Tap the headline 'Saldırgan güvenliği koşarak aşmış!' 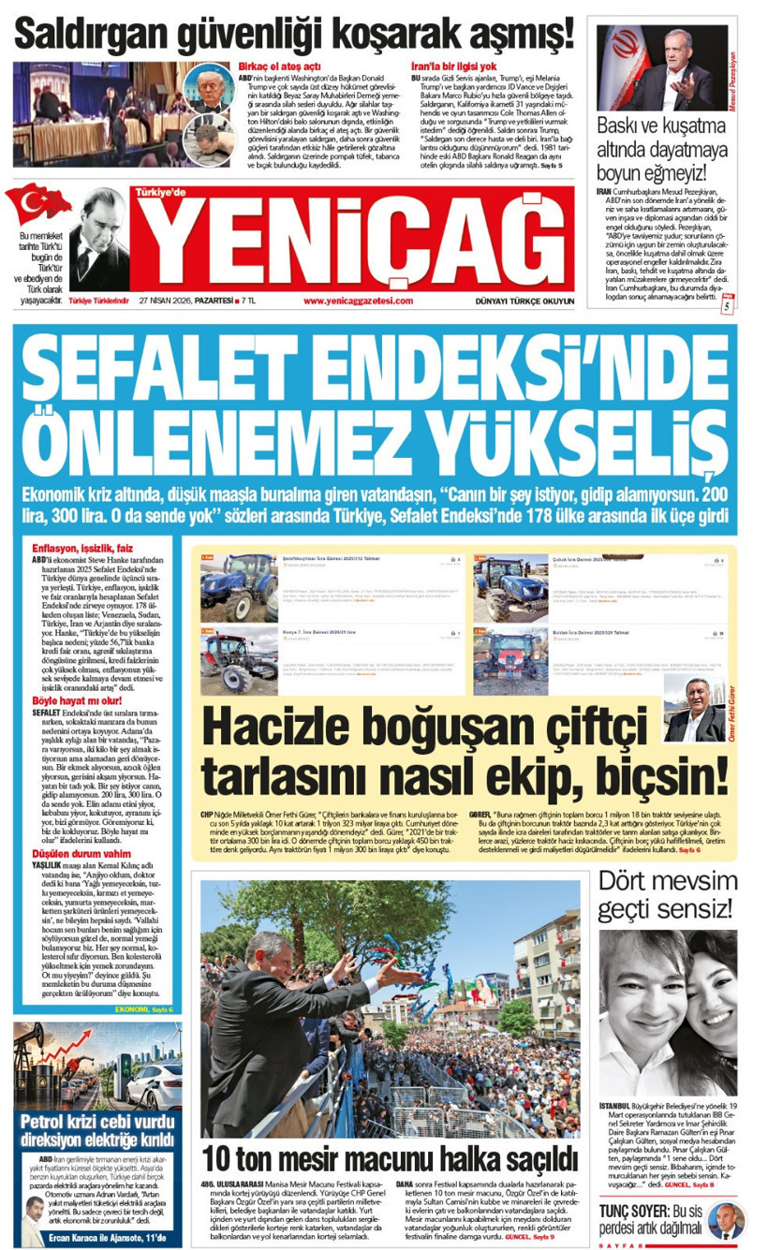point(293,36)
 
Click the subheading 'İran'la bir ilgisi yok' point(453,66)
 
